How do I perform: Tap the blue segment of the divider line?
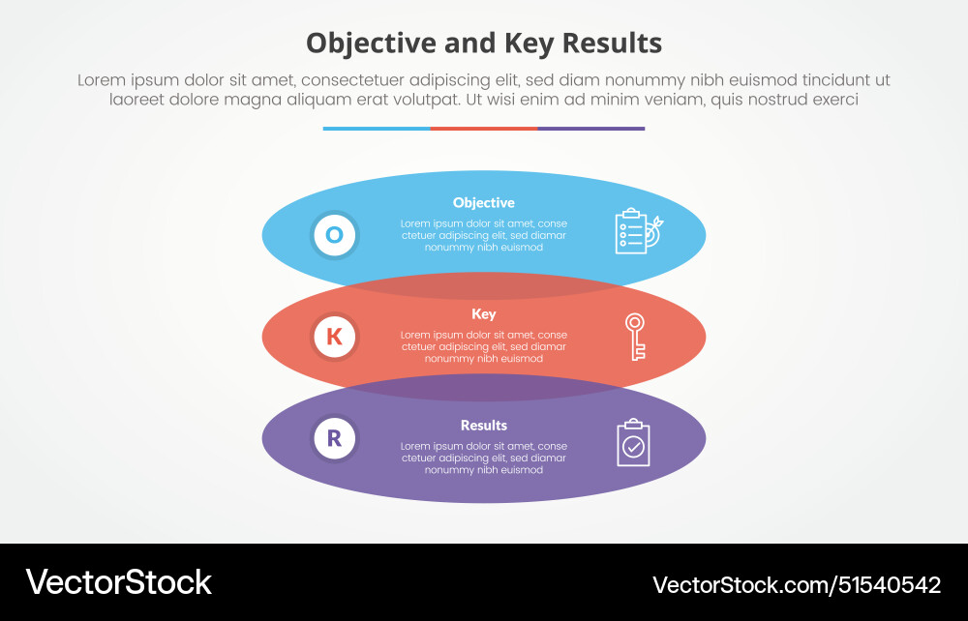point(377,128)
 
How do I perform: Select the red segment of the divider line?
point(484,128)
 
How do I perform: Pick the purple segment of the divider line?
point(591,128)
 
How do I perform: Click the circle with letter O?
point(334,234)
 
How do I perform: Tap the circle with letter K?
point(334,337)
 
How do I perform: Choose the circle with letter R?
point(334,439)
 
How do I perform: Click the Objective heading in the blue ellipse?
point(484,203)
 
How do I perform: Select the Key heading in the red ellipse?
point(484,313)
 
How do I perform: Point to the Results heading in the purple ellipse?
point(484,426)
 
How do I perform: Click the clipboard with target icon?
point(637,231)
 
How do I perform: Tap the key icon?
point(635,337)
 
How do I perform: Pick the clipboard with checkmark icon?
point(633,443)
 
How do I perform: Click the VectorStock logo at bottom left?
point(118,582)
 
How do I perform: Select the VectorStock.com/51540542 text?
point(796,584)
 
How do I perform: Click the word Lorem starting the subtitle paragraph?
point(103,80)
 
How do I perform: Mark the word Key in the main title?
point(527,44)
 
